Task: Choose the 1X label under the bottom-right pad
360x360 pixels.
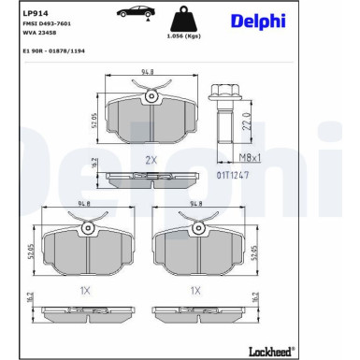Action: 195,291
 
